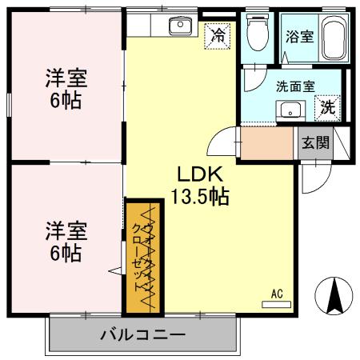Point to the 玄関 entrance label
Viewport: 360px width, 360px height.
(x=314, y=143)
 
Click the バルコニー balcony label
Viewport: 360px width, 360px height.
(x=143, y=334)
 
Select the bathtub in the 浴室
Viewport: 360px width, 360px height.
(x=333, y=38)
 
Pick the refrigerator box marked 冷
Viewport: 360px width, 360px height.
(x=217, y=35)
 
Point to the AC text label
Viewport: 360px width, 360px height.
(x=277, y=293)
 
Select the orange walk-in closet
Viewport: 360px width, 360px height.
(x=141, y=256)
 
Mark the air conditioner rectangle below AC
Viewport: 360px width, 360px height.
(x=277, y=304)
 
